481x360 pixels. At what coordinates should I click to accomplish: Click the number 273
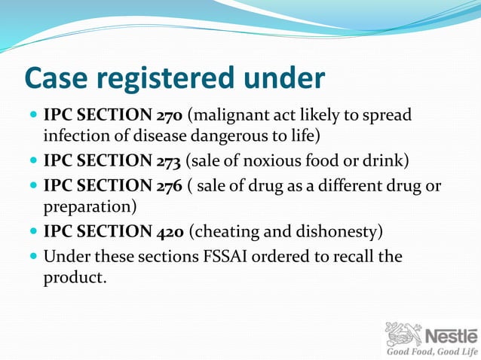(x=168, y=160)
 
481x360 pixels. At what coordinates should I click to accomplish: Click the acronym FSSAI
(x=230, y=256)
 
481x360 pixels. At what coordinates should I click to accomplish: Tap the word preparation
(x=88, y=206)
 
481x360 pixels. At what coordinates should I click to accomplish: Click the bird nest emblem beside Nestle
(x=404, y=333)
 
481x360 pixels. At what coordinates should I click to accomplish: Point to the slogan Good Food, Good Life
(x=432, y=352)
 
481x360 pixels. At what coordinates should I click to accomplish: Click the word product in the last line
(x=73, y=276)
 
